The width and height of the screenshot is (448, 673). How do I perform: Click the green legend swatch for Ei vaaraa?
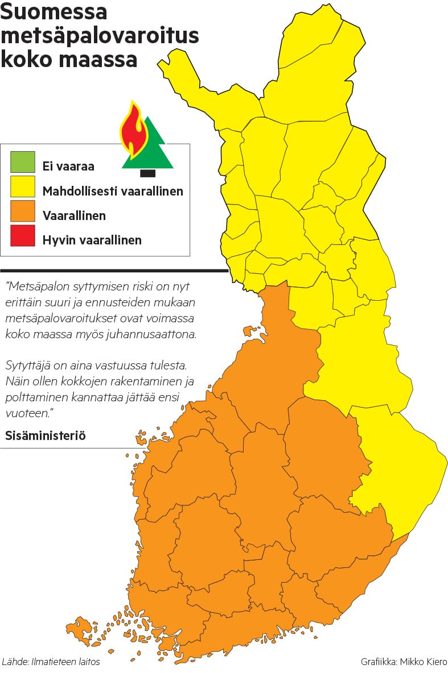coord(22,162)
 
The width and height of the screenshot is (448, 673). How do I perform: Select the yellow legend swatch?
coord(22,186)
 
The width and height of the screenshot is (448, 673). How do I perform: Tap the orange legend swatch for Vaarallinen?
coord(22,211)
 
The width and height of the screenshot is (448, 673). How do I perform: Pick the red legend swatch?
coord(22,236)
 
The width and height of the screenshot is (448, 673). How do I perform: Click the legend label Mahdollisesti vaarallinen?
coord(113,191)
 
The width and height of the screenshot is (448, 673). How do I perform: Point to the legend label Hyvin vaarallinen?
coord(92,240)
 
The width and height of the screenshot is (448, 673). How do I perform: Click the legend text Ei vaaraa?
coord(68,167)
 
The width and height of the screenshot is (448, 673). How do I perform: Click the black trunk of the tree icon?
coord(147,173)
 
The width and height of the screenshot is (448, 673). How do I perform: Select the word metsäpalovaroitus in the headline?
coord(100,36)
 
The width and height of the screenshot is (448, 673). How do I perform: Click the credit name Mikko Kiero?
coord(423,662)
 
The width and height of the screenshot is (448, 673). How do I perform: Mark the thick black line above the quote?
coord(114,271)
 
